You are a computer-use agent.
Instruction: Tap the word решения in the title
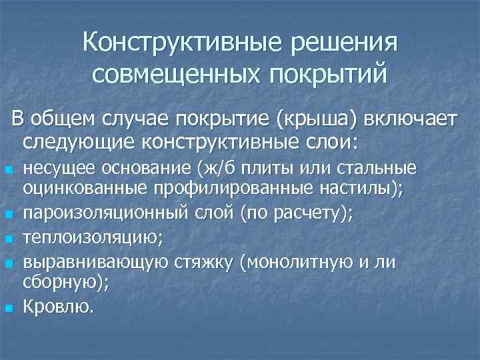point(345,43)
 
